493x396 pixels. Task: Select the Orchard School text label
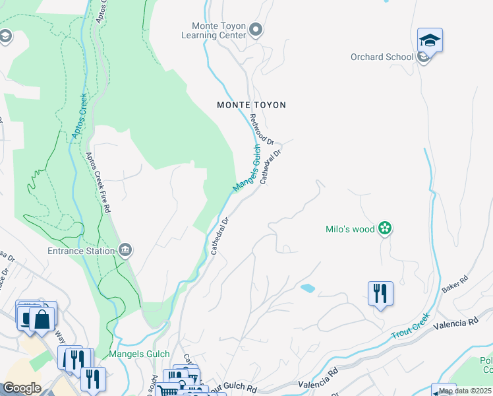tap(382, 57)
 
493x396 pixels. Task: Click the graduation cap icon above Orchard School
tap(430, 41)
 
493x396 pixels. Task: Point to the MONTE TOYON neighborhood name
tap(252, 105)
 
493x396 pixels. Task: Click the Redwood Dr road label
tap(262, 129)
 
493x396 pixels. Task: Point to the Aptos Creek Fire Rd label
tap(98, 182)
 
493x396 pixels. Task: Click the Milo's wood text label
tap(350, 230)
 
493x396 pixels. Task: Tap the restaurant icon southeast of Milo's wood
tap(380, 292)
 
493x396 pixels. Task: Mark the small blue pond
tap(307, 288)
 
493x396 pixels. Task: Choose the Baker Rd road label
tap(455, 284)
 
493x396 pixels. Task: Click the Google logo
tap(22, 388)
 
